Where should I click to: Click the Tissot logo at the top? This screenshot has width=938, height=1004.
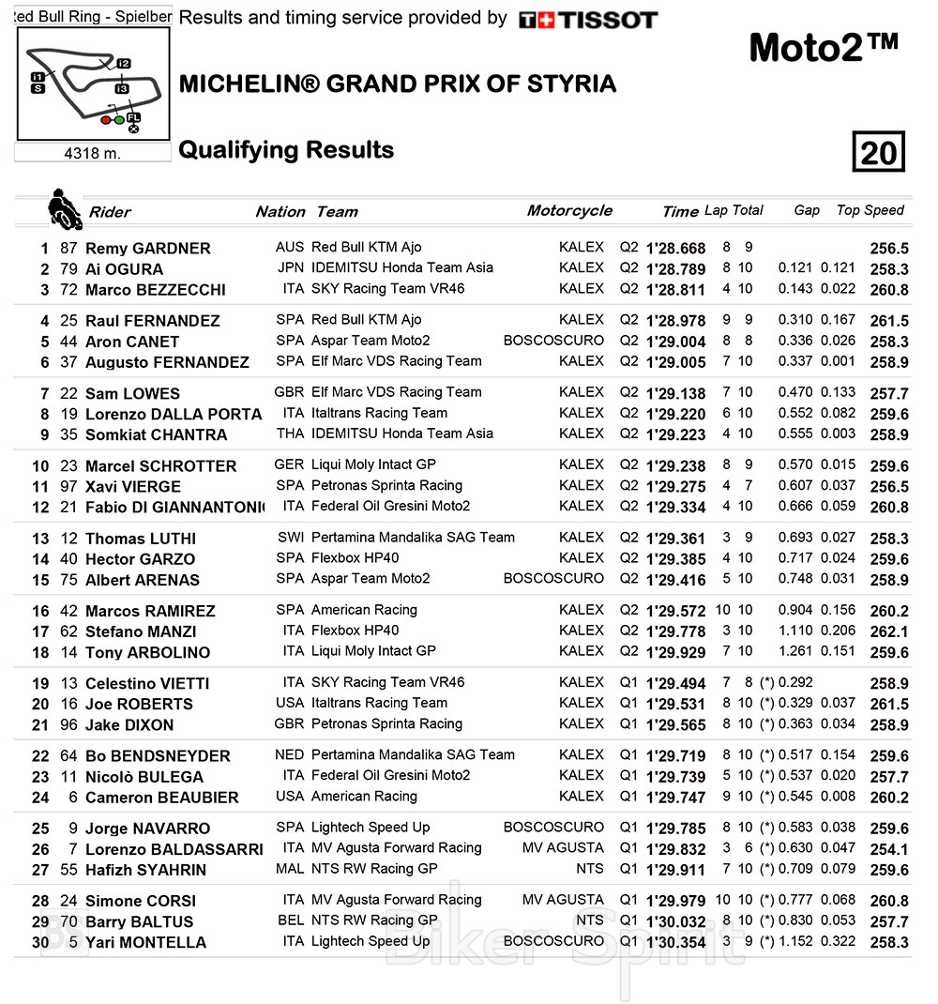point(588,20)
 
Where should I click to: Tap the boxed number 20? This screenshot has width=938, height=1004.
point(878,152)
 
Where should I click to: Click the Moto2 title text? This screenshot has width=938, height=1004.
point(824,48)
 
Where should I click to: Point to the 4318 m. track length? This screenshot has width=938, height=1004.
point(92,153)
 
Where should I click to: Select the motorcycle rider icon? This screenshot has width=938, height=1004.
point(64,208)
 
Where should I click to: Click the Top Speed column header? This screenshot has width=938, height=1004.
point(870,211)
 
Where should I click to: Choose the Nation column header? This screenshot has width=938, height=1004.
point(280,212)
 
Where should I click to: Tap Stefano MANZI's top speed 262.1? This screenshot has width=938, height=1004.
point(888,632)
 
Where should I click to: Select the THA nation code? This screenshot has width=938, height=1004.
point(290,434)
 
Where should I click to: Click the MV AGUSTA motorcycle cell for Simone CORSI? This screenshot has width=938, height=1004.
point(563,900)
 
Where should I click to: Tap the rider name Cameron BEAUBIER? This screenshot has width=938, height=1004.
point(161,798)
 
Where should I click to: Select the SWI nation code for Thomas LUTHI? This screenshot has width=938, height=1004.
point(290,538)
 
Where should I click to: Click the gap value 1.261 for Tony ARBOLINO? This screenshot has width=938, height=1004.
point(796,651)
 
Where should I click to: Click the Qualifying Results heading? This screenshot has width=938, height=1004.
point(286,150)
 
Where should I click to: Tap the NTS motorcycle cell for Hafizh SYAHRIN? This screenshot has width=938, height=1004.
point(590,869)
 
